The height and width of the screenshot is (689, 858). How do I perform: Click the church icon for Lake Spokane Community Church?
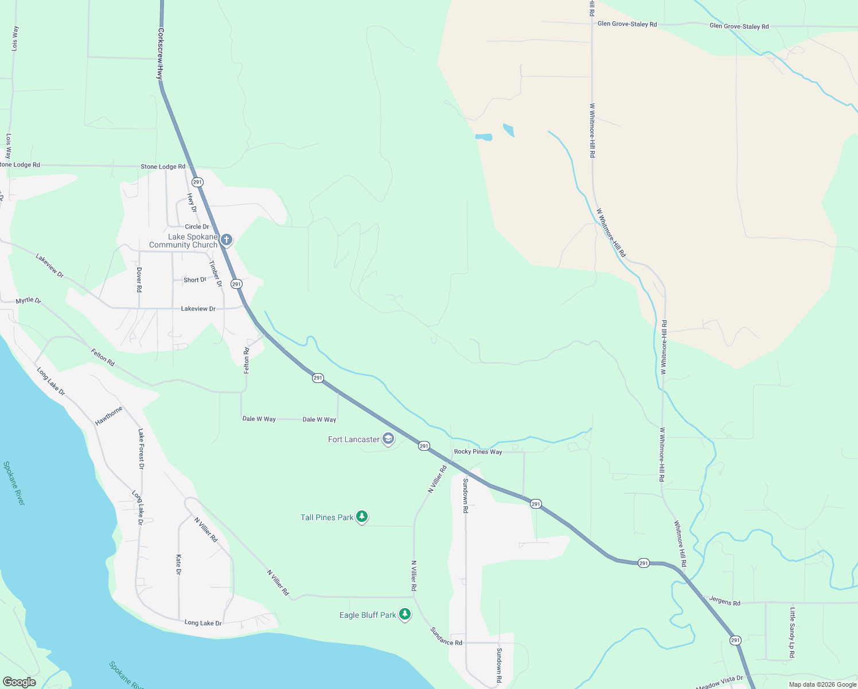click(227, 239)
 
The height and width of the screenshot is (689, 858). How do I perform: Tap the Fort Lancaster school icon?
click(388, 439)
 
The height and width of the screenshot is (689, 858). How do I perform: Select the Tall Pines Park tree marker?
click(361, 517)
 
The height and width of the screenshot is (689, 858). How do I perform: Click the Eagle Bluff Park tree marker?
click(405, 614)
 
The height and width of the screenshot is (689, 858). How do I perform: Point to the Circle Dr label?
click(197, 227)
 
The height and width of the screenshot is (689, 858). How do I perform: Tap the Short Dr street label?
click(195, 280)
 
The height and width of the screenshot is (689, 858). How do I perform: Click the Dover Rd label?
click(139, 279)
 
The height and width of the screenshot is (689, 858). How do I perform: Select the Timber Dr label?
click(215, 274)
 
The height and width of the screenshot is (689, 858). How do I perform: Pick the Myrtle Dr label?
click(28, 301)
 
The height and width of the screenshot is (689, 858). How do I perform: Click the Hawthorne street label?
click(109, 416)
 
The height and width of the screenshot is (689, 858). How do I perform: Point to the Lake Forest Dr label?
click(141, 449)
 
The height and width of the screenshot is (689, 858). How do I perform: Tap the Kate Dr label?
click(178, 564)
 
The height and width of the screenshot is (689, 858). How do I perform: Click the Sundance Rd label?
click(446, 636)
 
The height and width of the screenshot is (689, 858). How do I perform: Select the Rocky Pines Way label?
click(478, 452)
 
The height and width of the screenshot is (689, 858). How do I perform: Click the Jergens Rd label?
click(724, 601)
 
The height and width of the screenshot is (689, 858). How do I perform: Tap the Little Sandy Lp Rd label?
click(792, 633)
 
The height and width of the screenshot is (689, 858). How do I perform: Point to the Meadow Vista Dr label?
click(719, 682)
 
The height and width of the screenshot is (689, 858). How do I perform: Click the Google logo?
click(19, 682)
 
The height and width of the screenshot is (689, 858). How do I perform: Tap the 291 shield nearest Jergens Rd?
click(735, 640)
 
